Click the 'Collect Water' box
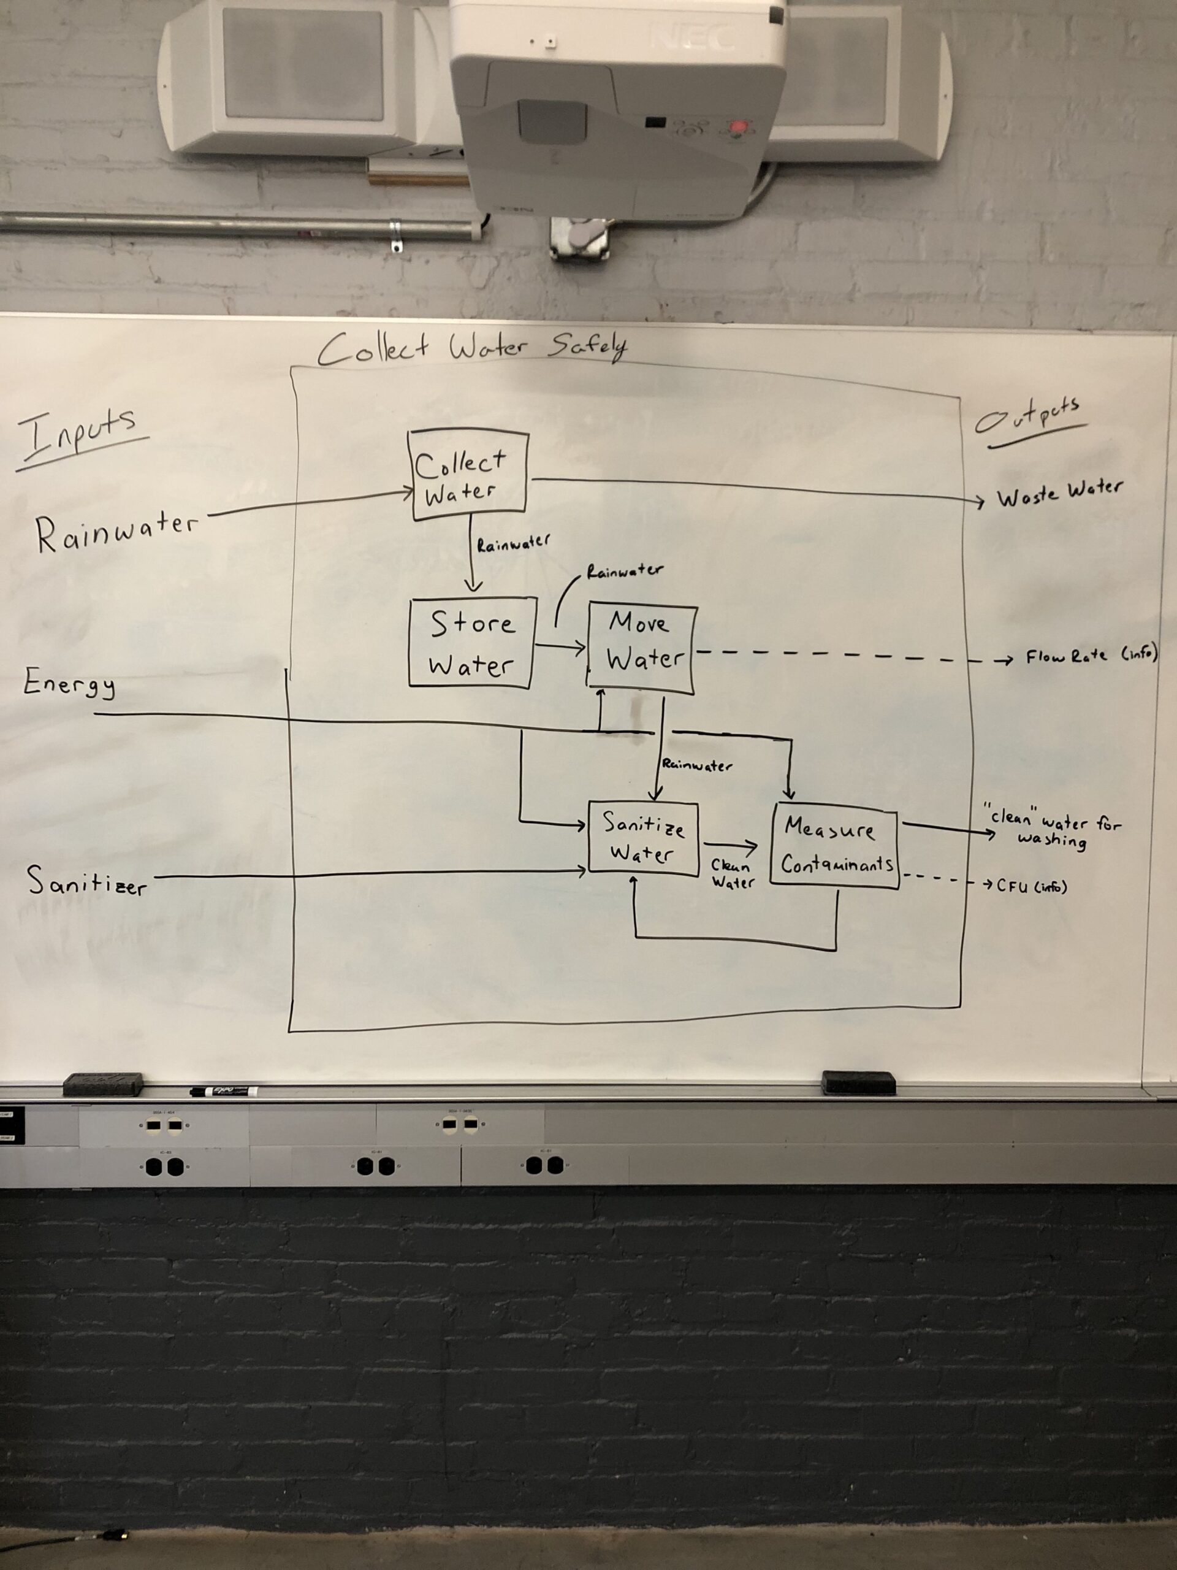pos(469,472)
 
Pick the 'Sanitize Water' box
pos(643,840)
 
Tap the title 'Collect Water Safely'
pos(473,348)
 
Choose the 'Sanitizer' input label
pos(87,883)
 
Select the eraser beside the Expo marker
pos(104,1084)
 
